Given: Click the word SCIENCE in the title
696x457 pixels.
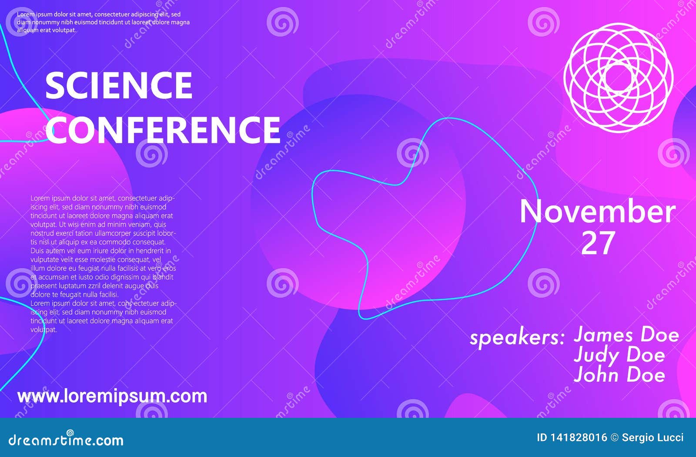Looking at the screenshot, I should [119, 85].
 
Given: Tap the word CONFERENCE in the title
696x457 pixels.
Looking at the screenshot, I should [163, 129].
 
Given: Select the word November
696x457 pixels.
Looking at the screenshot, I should [598, 212].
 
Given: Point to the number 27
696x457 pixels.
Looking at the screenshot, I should [598, 243].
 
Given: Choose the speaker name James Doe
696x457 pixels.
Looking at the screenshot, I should [626, 335].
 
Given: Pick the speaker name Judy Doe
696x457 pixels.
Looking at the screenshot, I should [619, 355].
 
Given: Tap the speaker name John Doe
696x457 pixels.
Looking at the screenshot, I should [619, 375].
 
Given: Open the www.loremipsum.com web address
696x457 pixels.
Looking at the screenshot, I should [112, 396].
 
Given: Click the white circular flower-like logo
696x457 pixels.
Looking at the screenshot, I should [618, 78].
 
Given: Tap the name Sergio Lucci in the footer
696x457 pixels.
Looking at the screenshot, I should [652, 437].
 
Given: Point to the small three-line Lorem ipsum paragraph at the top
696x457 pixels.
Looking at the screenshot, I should [104, 22].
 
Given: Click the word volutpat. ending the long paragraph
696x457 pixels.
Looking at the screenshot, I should [43, 329].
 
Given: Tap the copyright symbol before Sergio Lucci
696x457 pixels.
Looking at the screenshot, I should [614, 437].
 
